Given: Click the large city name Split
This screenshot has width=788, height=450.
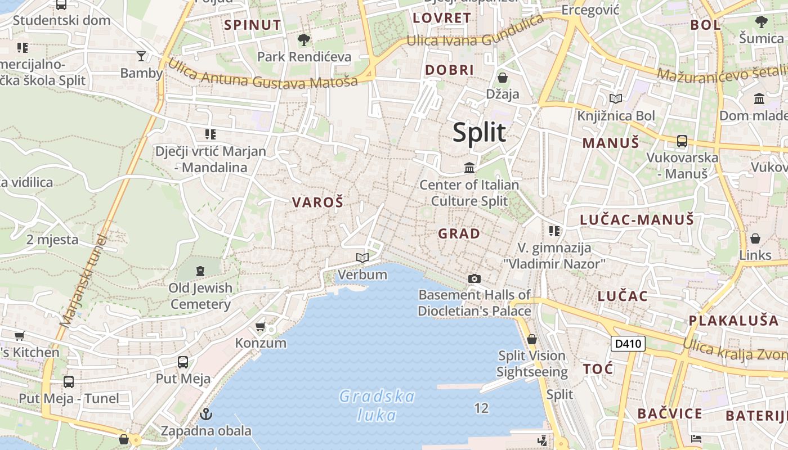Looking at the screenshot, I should (480, 133).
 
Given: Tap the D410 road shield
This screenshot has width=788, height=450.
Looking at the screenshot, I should (628, 343).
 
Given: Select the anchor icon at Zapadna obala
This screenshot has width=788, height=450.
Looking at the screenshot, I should (207, 415).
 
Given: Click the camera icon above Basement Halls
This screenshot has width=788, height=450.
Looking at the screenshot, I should (474, 278).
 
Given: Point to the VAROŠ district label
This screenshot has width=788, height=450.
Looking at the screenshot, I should (317, 202).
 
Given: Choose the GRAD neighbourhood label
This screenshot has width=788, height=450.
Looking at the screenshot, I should (459, 233).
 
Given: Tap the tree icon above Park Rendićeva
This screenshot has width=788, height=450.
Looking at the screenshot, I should (304, 40).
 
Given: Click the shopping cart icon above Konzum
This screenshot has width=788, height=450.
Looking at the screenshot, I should (260, 326).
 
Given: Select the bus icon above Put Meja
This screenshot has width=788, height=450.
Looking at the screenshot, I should (183, 362).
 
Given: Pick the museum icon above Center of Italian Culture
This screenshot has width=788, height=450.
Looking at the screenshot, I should (469, 168).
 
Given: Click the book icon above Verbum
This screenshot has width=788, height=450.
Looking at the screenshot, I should (362, 258).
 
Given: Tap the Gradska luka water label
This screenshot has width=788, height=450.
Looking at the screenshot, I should (377, 406).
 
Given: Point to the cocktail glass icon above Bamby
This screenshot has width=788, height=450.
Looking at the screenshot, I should (141, 56).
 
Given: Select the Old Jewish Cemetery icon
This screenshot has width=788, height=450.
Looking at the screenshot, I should (200, 271).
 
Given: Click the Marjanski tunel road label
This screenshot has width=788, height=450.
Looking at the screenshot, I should (83, 281).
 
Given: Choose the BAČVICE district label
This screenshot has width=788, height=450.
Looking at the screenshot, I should (670, 414).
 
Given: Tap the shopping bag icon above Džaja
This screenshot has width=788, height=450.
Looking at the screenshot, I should (503, 78).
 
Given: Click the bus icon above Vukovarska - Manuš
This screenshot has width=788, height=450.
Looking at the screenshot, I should (682, 141).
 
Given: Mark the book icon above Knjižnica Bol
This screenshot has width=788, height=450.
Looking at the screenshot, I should (616, 99).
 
